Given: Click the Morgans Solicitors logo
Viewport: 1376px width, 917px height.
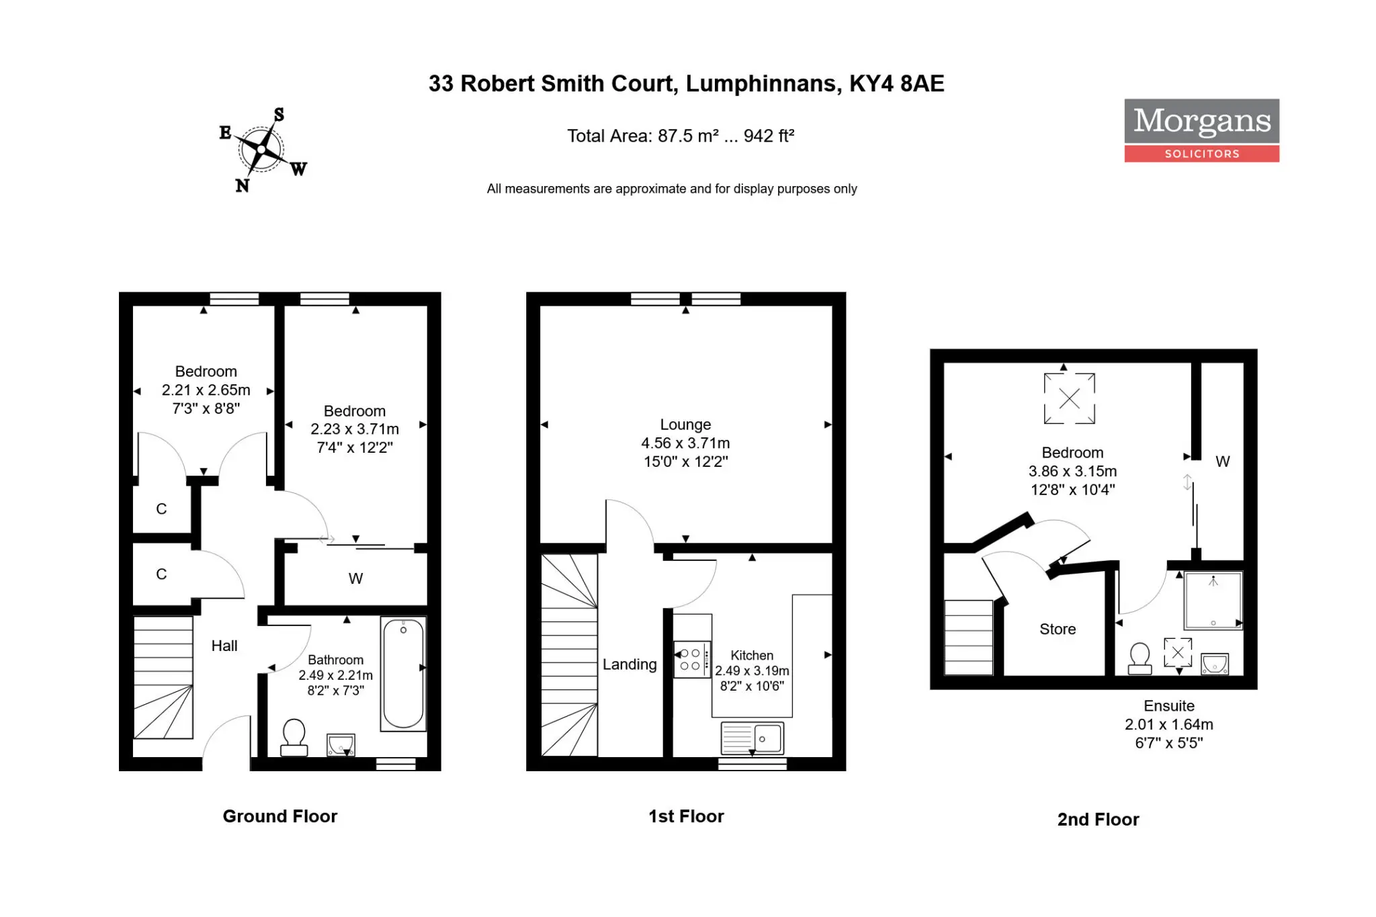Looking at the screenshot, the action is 1201,130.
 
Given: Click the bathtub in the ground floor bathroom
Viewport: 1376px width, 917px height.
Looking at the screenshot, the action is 403,673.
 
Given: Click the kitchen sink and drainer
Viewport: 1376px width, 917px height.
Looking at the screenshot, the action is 752,738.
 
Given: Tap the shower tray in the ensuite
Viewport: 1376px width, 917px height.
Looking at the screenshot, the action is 1213,600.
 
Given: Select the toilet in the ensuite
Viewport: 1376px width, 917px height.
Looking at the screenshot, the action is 1139,658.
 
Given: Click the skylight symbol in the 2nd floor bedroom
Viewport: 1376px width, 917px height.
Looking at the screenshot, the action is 1069,398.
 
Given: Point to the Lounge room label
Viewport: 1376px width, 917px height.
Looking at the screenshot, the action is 685,425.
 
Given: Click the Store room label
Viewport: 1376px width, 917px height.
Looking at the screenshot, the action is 1058,629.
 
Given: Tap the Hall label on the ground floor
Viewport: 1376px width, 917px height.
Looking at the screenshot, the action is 224,646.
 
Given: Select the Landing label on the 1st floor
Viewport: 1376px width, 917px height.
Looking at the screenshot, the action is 630,664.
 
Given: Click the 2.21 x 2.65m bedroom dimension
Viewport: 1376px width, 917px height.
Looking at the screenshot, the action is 206,390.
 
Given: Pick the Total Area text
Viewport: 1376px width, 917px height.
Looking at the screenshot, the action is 681,136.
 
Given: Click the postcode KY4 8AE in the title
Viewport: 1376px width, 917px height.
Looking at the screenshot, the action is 896,83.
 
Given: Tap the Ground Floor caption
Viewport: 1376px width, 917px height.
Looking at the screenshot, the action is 280,816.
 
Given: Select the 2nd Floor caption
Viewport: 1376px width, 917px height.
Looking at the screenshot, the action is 1099,820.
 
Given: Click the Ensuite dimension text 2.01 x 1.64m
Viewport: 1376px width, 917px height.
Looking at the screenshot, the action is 1169,724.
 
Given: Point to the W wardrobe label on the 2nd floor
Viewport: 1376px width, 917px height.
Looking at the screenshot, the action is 1223,462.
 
